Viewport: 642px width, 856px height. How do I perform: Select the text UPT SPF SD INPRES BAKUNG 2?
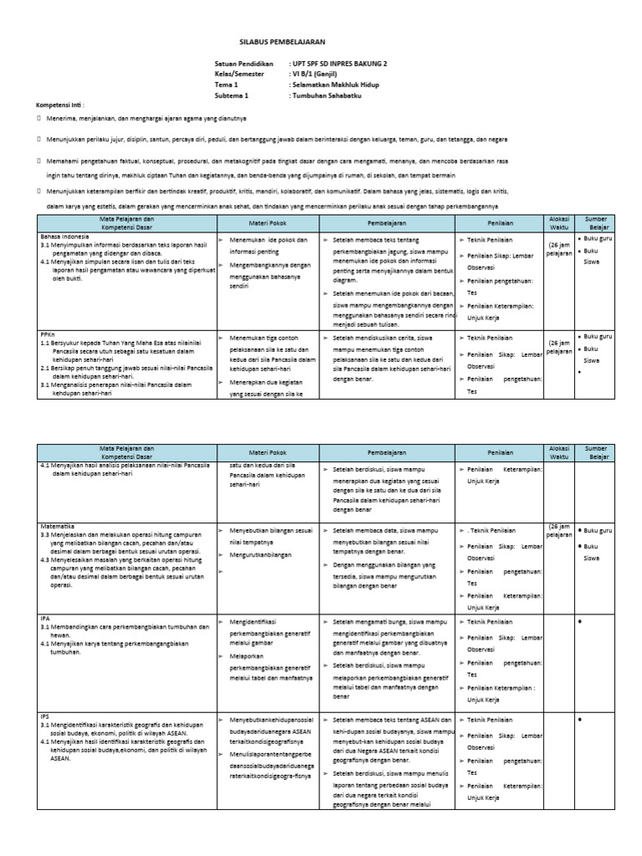pyautogui.click(x=339, y=64)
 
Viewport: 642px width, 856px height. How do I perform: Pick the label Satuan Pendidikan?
pyautogui.click(x=244, y=64)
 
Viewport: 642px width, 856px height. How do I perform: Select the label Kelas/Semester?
pyautogui.click(x=239, y=74)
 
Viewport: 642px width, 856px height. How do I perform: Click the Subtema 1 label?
pyautogui.click(x=231, y=96)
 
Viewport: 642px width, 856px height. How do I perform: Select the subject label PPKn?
pyautogui.click(x=48, y=332)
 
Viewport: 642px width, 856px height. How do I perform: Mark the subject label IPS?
pyautogui.click(x=45, y=716)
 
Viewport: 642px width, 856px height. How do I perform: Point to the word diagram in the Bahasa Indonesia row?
pyautogui.click(x=344, y=282)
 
